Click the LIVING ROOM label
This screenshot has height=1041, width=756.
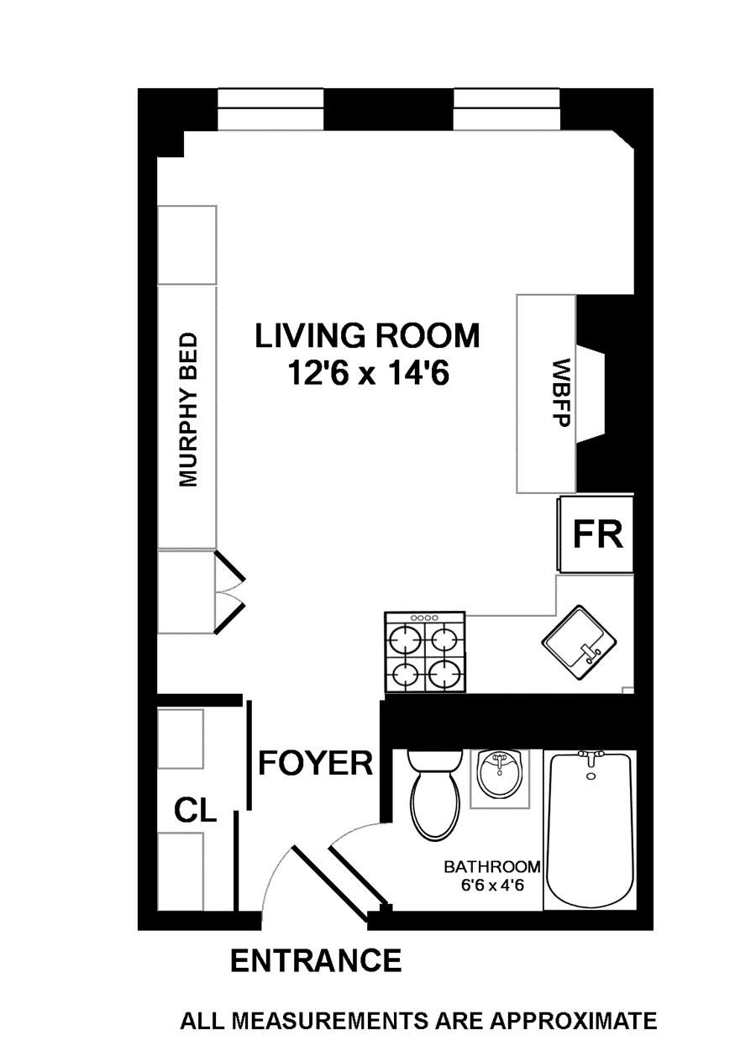click(x=366, y=335)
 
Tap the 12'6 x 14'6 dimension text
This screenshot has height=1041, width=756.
click(x=369, y=373)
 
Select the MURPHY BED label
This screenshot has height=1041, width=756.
click(x=187, y=409)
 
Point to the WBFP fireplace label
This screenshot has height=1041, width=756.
click(x=561, y=392)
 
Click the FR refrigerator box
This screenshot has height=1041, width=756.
click(x=596, y=534)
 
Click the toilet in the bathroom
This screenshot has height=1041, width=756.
click(x=435, y=793)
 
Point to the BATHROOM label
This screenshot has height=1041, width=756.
click(x=492, y=867)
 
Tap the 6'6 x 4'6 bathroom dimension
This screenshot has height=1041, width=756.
click(x=492, y=886)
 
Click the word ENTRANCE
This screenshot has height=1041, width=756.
click(x=316, y=960)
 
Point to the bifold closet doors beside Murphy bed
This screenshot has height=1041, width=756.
click(x=229, y=592)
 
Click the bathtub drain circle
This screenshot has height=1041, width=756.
click(x=591, y=776)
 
